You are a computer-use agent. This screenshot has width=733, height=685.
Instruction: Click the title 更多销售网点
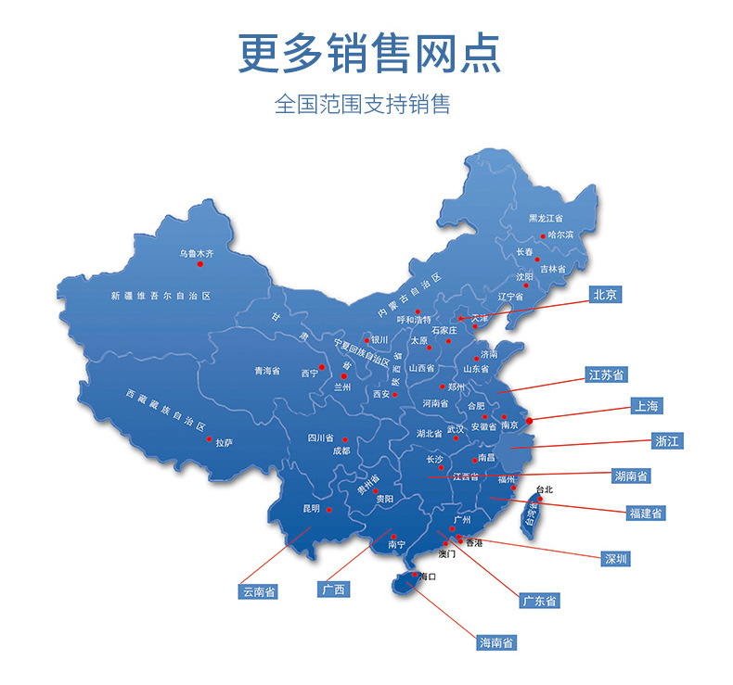(368, 53)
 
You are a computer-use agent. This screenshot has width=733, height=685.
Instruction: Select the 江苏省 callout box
(607, 374)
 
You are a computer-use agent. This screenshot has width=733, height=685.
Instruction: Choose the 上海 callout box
(647, 406)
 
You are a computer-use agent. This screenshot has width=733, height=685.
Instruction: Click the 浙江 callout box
(667, 441)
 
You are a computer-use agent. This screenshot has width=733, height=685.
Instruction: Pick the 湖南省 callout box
(631, 476)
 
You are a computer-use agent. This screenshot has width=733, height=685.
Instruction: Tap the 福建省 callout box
(645, 512)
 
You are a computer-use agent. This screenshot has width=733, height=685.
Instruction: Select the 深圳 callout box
(616, 558)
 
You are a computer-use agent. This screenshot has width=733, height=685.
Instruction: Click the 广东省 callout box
(540, 601)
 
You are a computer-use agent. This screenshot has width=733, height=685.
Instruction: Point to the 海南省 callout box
(497, 642)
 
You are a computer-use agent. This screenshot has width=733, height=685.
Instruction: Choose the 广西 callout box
(333, 590)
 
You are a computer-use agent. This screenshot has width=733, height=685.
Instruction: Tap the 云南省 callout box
(259, 590)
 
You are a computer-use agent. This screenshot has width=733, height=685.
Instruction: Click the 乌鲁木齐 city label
(197, 252)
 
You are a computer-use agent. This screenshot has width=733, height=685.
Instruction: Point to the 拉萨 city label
(224, 443)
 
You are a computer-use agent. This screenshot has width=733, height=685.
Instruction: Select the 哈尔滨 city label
(560, 235)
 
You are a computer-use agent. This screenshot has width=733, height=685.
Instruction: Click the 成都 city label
(341, 450)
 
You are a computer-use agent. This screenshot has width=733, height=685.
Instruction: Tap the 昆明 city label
(310, 509)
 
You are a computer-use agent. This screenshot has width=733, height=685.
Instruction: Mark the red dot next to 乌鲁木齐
(199, 264)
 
